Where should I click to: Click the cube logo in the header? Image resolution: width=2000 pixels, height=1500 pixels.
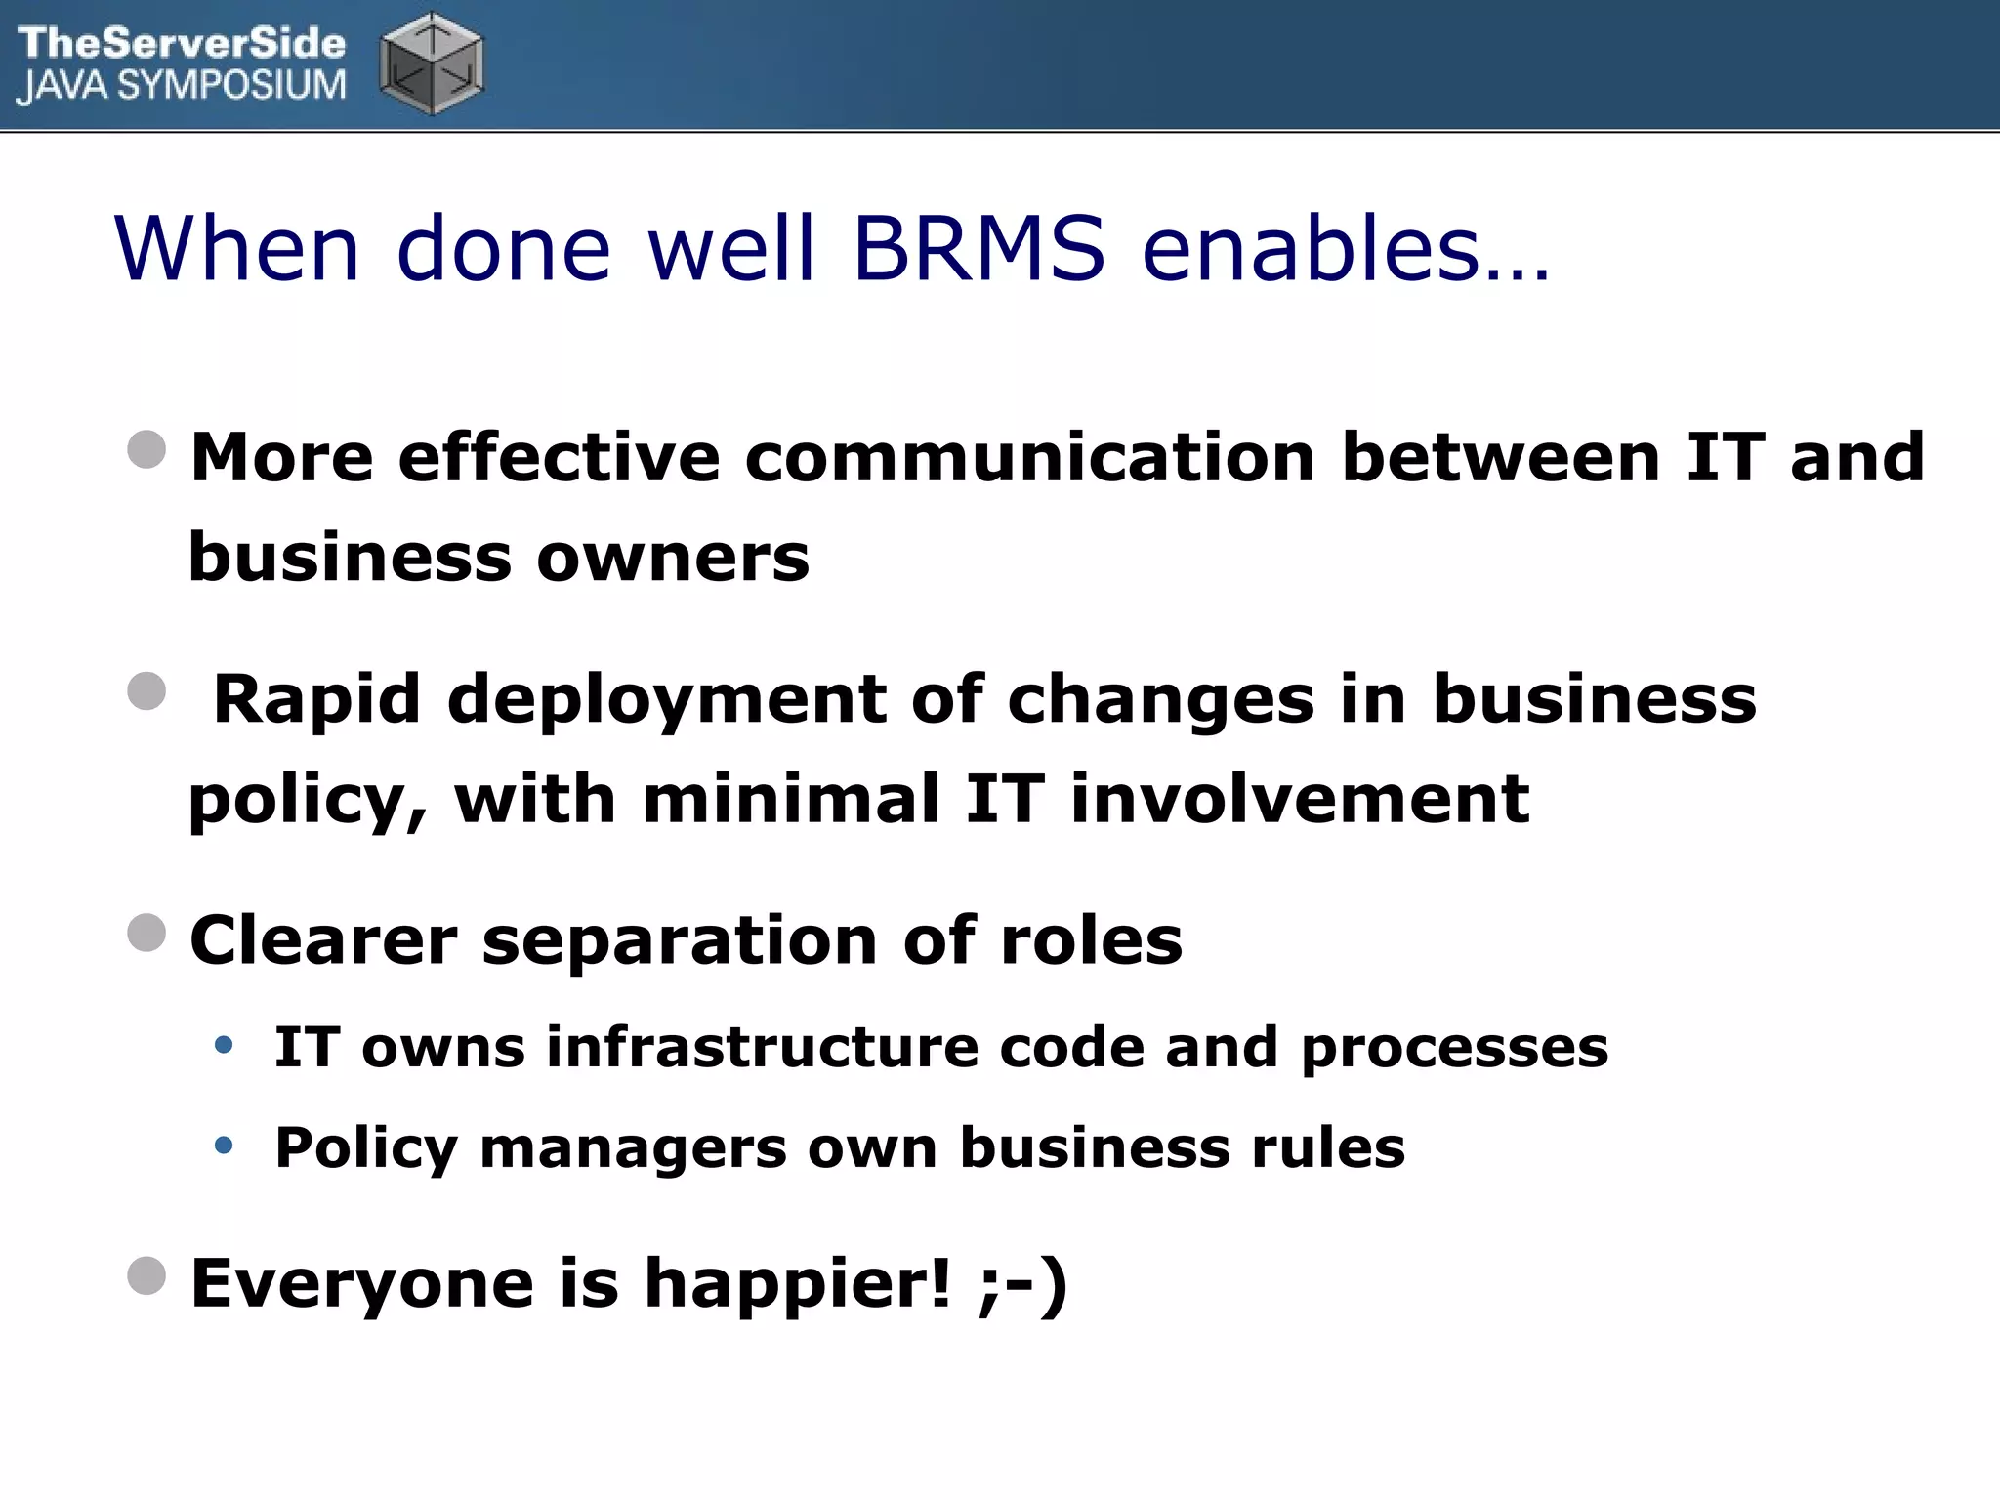coord(432,64)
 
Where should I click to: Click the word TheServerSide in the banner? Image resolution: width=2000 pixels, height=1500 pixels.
coord(182,43)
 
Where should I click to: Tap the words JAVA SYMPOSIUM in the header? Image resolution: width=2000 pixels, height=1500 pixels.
coord(182,86)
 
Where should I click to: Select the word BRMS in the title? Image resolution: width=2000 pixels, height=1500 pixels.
coord(979,248)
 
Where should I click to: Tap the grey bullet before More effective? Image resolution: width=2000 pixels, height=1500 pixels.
coord(146,450)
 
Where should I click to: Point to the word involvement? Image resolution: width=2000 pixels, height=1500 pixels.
coord(1300,799)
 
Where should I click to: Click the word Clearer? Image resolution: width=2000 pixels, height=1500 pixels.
coord(323,940)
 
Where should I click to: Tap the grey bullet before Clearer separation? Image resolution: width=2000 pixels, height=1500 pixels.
coord(146,933)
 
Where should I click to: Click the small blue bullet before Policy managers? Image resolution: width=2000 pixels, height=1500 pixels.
coord(224,1145)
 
